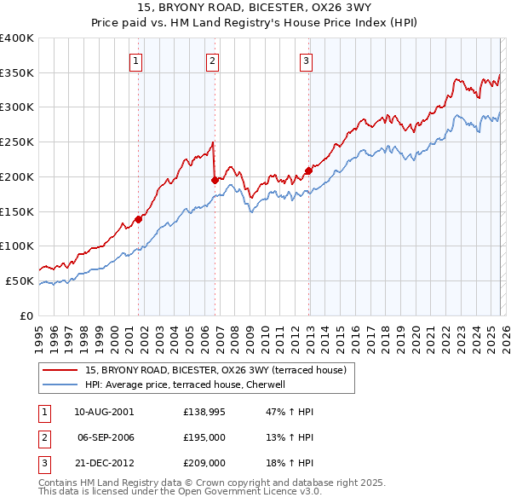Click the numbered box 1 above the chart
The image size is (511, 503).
click(137, 60)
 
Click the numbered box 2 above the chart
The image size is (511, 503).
click(212, 60)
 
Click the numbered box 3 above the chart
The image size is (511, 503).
click(306, 60)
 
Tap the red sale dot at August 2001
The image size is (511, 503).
click(138, 218)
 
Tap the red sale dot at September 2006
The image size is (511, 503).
click(215, 180)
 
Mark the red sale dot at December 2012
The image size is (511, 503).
click(308, 170)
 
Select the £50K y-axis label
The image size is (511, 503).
click(20, 280)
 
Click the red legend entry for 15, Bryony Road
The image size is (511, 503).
click(215, 371)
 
